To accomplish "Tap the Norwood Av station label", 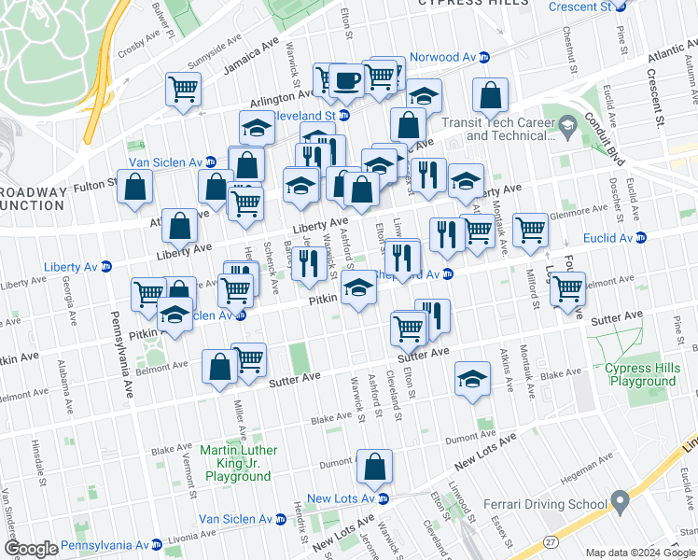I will point(443,57).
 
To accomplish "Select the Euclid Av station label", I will point(607,238).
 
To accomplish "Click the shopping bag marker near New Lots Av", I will point(374,468).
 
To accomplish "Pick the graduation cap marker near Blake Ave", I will point(473,380).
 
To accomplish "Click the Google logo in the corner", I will point(30,548).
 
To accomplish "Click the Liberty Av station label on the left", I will point(70,266).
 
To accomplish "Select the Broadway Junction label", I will point(33,199).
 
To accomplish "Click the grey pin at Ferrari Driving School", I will point(617,498).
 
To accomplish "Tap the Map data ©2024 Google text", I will point(639,553).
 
